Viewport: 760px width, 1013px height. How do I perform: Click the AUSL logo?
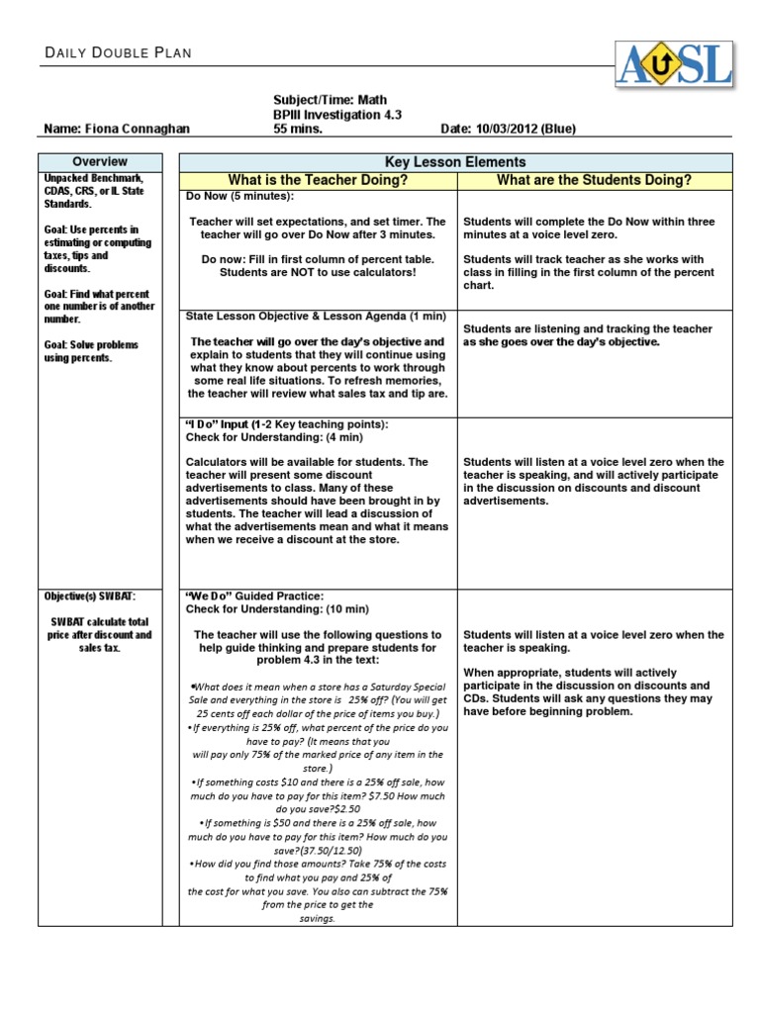pyautogui.click(x=674, y=64)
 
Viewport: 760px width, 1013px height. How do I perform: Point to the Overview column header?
pyautogui.click(x=100, y=161)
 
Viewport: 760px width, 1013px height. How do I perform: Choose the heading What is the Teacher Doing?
pyautogui.click(x=318, y=180)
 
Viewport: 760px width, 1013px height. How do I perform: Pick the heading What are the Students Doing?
pyautogui.click(x=594, y=180)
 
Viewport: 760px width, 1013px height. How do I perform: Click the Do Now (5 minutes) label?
pyautogui.click(x=227, y=196)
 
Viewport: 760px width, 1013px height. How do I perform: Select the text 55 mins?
pyautogui.click(x=298, y=129)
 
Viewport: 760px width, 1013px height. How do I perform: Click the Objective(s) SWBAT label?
pyautogui.click(x=89, y=597)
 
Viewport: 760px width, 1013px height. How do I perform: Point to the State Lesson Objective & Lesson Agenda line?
pyautogui.click(x=317, y=316)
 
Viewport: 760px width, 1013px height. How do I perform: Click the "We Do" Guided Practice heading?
pyautogui.click(x=254, y=596)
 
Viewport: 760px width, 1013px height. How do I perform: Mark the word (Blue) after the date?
pyautogui.click(x=560, y=129)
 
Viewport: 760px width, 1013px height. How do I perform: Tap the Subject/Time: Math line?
pyautogui.click(x=330, y=100)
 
